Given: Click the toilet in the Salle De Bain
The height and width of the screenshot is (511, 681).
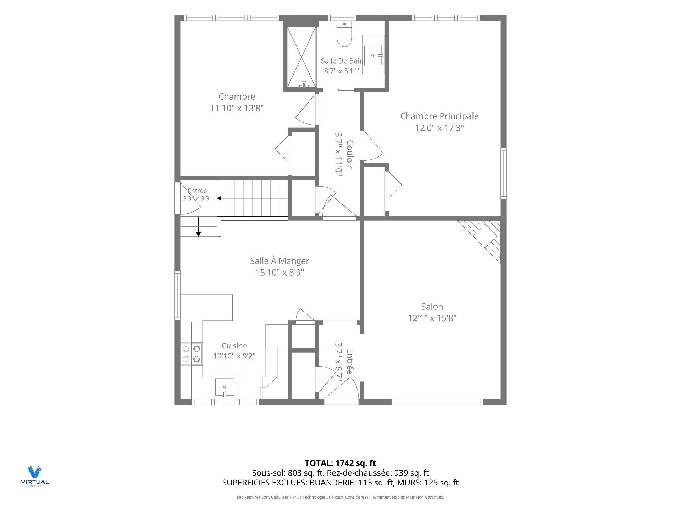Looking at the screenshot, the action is point(344,34).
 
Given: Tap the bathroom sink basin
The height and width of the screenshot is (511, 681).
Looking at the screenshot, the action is point(373,56).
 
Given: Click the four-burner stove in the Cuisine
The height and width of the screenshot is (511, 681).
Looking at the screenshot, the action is point(192,354).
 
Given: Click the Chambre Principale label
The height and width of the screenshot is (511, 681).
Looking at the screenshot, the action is point(439,116).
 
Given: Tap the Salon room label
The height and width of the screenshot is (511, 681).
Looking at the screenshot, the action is point(432,307).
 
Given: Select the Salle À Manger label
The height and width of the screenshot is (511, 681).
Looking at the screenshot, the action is point(279,261).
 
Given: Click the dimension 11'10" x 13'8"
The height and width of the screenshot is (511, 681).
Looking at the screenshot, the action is point(237,108).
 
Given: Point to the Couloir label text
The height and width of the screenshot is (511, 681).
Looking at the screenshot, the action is point(349,154).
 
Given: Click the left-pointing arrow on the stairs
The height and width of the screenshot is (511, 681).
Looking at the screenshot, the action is point(253,198).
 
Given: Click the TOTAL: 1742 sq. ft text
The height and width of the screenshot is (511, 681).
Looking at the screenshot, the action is point(340,463).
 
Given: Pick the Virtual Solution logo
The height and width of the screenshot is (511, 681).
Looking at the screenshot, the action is point(35,476).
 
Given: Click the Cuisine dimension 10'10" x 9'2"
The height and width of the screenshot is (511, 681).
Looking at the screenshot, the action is point(234,356).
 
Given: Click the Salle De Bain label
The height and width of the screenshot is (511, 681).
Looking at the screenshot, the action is point(342,61).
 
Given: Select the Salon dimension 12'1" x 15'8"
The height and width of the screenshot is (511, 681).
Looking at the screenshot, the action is point(432,318).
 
